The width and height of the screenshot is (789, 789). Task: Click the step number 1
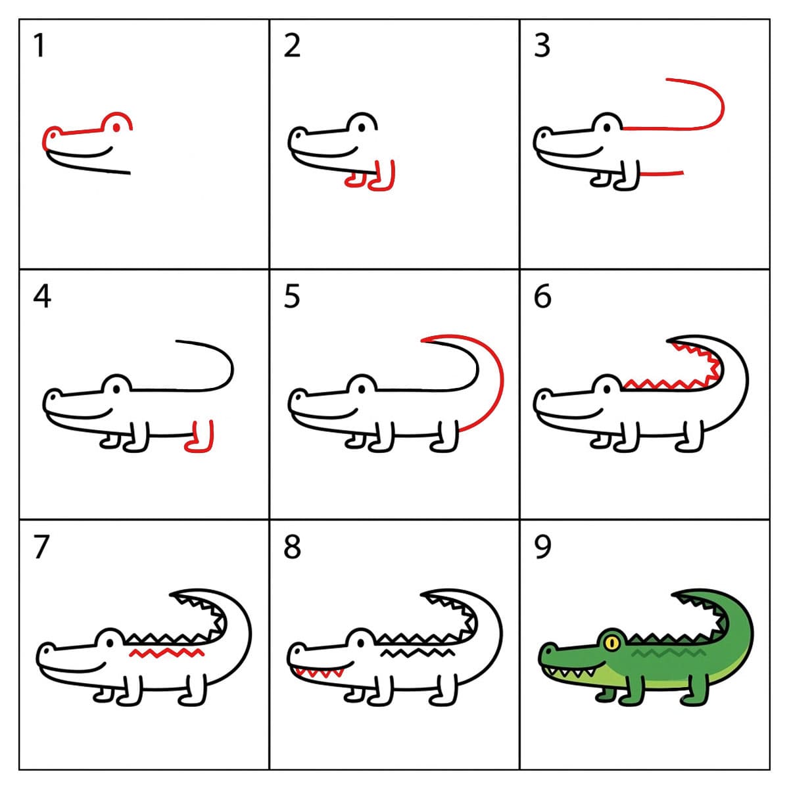tap(39, 45)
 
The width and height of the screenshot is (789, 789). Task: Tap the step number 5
tap(292, 296)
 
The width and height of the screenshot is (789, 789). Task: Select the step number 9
tap(542, 547)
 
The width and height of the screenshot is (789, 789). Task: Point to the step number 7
tap(41, 547)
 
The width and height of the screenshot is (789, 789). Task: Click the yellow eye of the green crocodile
tap(611, 642)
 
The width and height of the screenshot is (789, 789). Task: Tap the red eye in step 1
tap(116, 128)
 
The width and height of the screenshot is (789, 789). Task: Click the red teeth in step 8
tap(318, 672)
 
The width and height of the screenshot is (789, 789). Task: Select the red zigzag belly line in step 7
tap(166, 652)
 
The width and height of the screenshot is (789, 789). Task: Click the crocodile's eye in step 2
tap(362, 128)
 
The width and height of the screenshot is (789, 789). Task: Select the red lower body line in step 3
tap(661, 174)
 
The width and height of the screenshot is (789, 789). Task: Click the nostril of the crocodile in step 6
tap(544, 396)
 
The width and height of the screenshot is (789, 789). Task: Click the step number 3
tap(542, 45)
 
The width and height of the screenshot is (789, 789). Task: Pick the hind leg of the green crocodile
tap(694, 691)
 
